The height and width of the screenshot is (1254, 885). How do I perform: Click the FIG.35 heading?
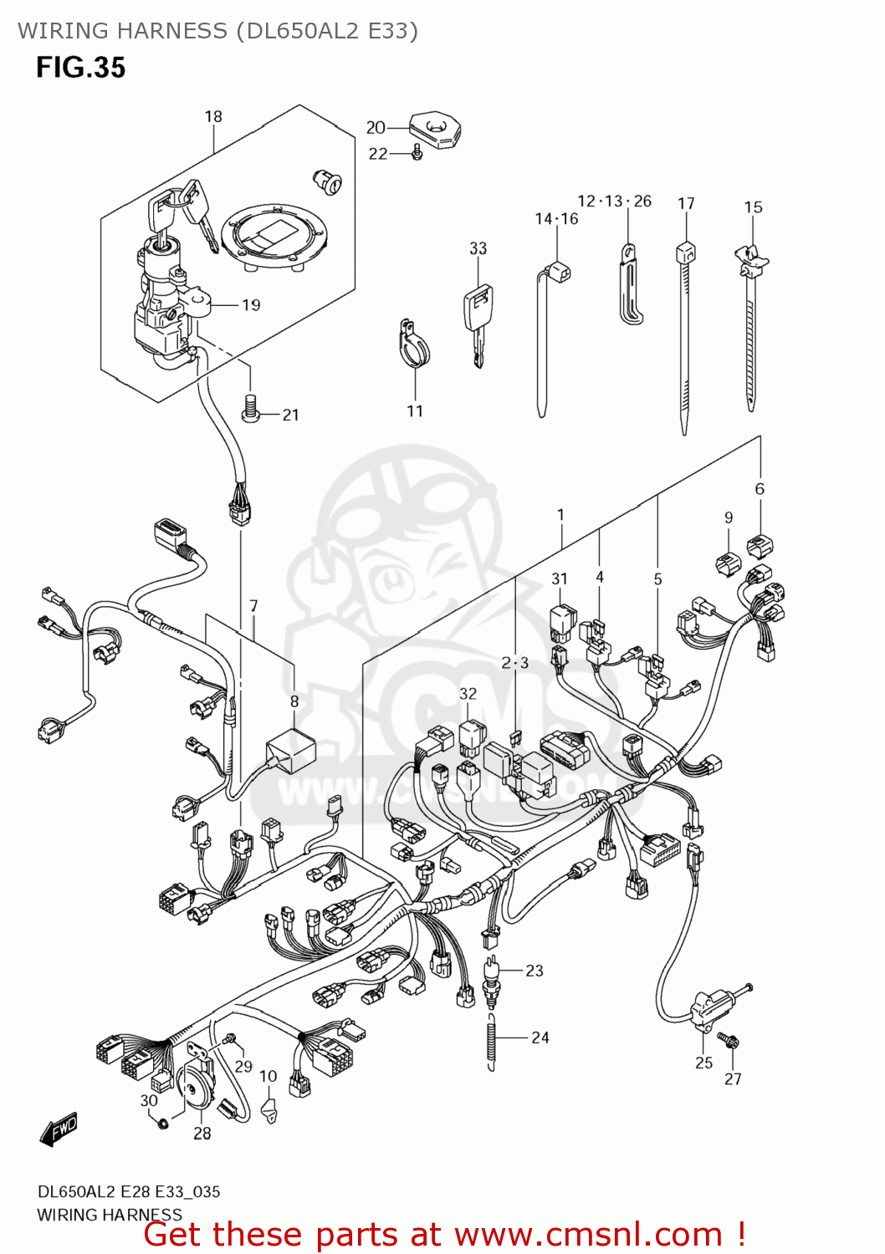click(x=80, y=68)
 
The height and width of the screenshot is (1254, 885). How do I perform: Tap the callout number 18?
click(x=213, y=117)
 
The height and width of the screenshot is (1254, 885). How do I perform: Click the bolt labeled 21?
click(x=249, y=409)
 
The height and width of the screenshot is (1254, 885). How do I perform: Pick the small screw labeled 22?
click(x=417, y=153)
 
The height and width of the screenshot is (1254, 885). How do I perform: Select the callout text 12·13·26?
click(x=614, y=201)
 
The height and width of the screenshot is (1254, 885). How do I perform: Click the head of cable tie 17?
click(x=686, y=251)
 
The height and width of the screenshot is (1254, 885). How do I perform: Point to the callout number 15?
click(x=753, y=207)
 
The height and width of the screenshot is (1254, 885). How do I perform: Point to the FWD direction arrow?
click(x=59, y=1129)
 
